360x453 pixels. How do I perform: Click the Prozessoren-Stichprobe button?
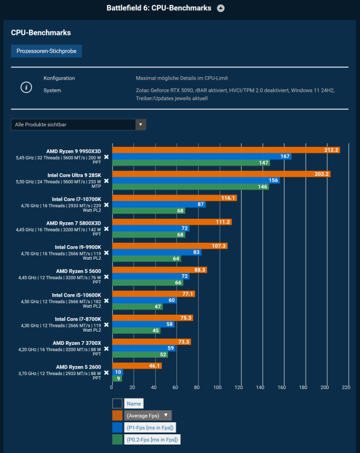[47, 51]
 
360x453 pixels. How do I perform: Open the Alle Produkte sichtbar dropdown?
[79, 124]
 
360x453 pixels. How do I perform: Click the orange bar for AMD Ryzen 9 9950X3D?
[225, 150]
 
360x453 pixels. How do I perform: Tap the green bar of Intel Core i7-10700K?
[149, 211]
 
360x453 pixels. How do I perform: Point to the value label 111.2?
[223, 222]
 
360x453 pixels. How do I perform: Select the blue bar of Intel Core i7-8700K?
[143, 324]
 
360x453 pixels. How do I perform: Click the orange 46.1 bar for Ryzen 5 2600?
[137, 366]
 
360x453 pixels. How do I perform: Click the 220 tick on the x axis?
[346, 388]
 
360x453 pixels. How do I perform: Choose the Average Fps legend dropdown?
[148, 416]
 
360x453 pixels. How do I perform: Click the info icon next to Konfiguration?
[25, 88]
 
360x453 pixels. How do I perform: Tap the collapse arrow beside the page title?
[220, 8]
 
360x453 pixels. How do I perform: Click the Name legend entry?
[134, 403]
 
